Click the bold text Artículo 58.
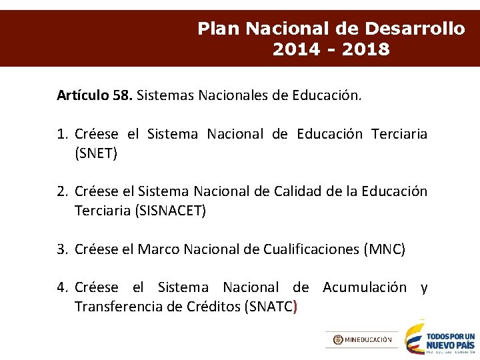coord(95,95)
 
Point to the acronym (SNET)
coord(96,153)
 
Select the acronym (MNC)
coord(384,249)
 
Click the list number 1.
coord(62,134)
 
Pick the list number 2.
coord(62,192)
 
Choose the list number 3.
coord(62,249)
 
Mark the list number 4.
coord(62,287)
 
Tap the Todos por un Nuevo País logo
coord(440,339)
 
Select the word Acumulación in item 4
coord(364,287)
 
